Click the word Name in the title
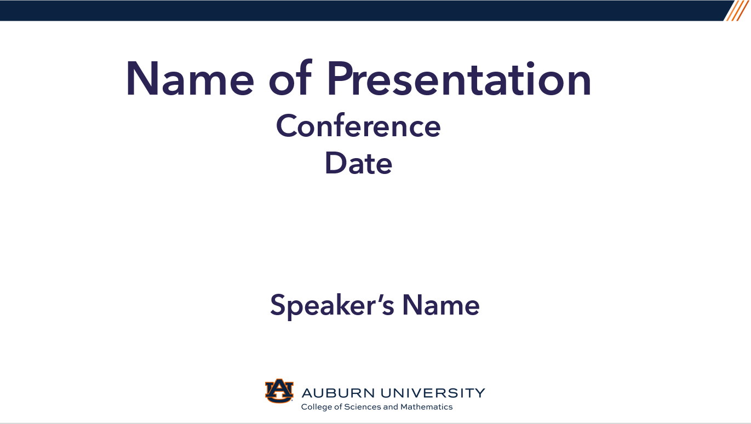190,79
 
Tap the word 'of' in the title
290,78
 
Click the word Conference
358,126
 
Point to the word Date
358,163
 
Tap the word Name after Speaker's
441,305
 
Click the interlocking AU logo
279,391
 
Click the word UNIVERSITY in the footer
433,393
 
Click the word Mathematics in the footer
427,407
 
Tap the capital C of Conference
286,126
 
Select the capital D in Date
336,163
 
